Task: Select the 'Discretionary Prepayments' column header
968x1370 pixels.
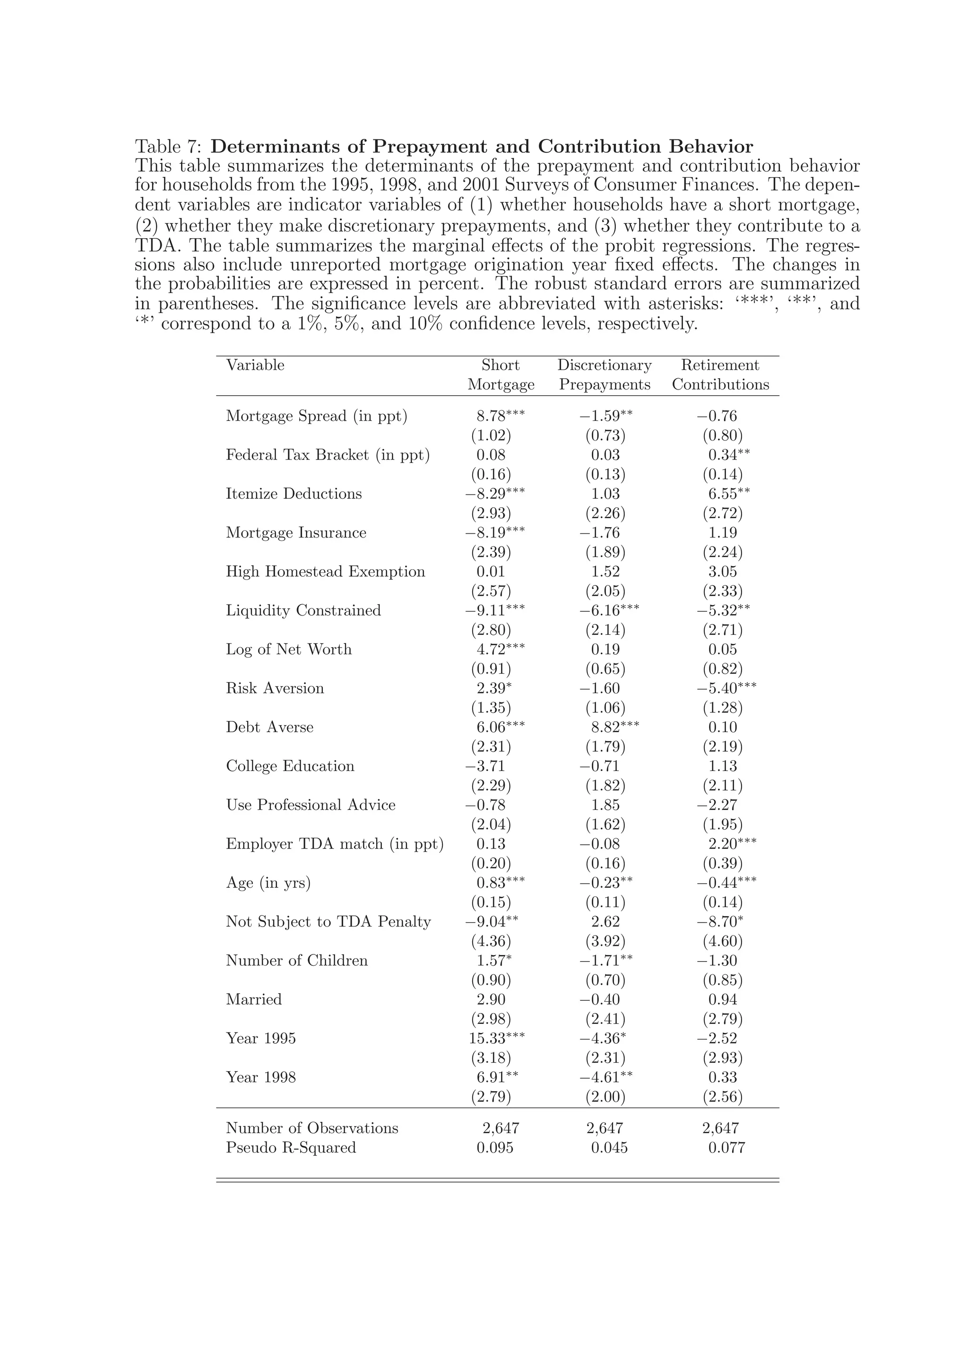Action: (604, 375)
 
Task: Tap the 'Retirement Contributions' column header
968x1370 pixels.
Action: (720, 375)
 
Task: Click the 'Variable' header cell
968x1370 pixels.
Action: (255, 365)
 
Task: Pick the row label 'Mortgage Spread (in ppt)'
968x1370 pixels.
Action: (317, 416)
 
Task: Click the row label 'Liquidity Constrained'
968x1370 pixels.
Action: (303, 610)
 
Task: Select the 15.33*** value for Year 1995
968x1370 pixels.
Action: (496, 1038)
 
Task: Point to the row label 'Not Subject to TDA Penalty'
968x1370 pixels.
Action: (328, 922)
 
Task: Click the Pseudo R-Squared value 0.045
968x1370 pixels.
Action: (609, 1147)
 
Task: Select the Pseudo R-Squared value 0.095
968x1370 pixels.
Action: (494, 1147)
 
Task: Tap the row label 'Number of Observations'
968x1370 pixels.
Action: (312, 1128)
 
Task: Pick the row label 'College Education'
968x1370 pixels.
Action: (290, 766)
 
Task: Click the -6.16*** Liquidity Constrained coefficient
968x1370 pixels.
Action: (609, 610)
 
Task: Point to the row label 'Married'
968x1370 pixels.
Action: (253, 999)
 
